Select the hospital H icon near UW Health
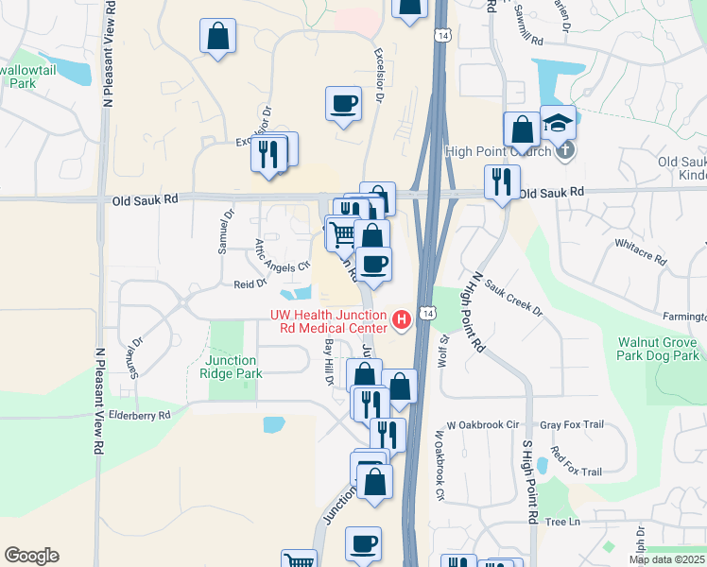[x=403, y=321]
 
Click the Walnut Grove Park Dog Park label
[x=659, y=349]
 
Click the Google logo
[x=31, y=556]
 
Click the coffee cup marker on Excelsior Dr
[x=343, y=103]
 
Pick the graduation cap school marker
[x=559, y=122]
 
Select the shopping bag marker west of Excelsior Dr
[x=218, y=37]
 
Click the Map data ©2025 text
[x=666, y=559]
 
